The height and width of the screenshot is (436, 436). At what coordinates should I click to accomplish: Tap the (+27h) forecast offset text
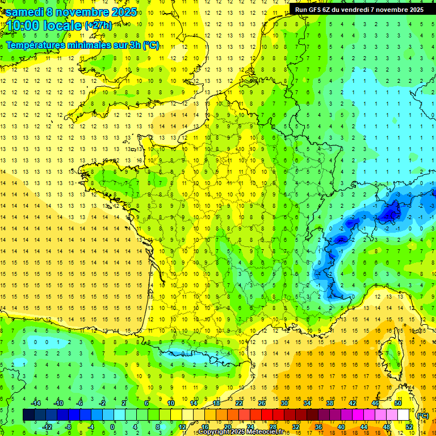click(98, 26)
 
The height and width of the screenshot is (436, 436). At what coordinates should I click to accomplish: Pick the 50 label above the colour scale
click(397, 403)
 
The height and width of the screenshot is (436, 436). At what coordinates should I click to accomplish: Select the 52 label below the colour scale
click(409, 426)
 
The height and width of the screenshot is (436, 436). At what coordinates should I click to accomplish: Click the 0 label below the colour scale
click(112, 426)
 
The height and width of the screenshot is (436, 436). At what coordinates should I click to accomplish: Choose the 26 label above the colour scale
click(262, 403)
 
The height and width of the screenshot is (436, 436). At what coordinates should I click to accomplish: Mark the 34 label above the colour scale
click(307, 403)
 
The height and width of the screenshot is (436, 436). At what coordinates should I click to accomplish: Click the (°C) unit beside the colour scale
click(423, 415)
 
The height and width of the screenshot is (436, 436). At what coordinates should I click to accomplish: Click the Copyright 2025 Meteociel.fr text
click(241, 432)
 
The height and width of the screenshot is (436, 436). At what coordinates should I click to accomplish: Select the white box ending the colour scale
click(404, 415)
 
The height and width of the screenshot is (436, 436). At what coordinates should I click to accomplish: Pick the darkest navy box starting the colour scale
click(28, 415)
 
